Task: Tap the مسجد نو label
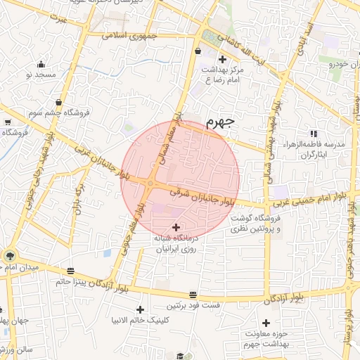pos(41,74)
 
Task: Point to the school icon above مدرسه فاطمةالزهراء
pos(313,133)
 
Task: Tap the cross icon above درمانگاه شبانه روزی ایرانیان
pos(176,227)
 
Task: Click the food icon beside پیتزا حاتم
pos(70,271)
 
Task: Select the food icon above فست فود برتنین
pos(193,295)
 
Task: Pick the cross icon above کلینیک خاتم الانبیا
pos(140,309)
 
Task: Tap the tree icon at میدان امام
pos(10,256)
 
